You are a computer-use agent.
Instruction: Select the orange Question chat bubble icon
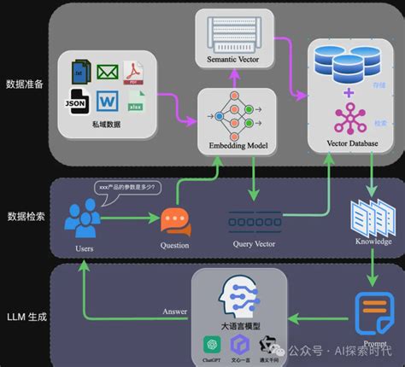pos(175,221)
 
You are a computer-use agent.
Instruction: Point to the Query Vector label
pos(254,242)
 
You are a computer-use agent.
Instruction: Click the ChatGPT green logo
pos(210,345)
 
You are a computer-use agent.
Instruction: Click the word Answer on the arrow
pos(174,312)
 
